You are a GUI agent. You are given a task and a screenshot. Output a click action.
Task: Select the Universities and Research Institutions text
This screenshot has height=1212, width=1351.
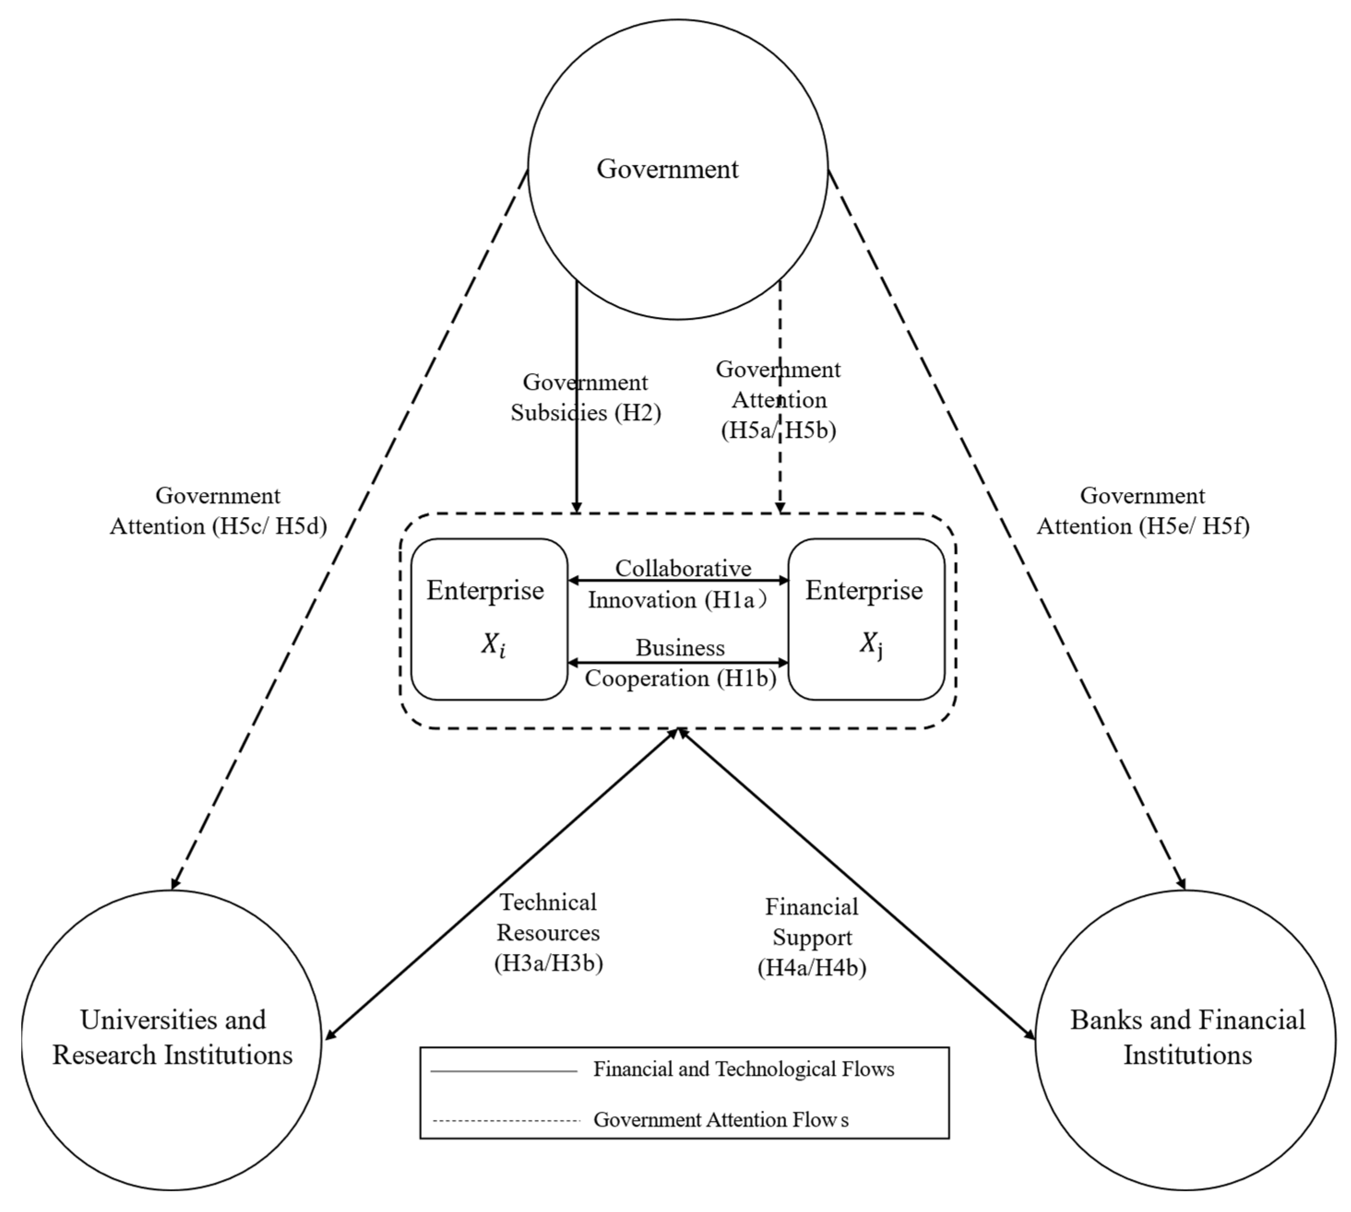(172, 1037)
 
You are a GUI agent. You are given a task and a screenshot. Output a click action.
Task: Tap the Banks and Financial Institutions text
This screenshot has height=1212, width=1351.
(1187, 1037)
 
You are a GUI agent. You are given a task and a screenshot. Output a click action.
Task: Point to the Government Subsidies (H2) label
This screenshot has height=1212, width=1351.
(585, 398)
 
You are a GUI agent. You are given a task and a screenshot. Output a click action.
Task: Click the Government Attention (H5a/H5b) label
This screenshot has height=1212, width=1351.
(778, 400)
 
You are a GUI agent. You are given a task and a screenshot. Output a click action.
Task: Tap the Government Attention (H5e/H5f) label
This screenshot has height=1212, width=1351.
(1143, 511)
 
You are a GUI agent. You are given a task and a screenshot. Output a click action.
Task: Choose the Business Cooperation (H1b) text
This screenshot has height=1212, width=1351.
(680, 663)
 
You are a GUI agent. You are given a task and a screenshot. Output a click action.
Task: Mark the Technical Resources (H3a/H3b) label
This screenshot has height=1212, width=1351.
(548, 932)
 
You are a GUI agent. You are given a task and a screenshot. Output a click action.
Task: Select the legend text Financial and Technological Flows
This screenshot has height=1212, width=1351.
(743, 1069)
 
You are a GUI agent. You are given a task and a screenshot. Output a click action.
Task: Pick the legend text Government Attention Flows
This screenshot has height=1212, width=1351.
(721, 1119)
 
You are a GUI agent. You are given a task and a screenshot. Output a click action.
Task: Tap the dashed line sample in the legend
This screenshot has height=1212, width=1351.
(506, 1121)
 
